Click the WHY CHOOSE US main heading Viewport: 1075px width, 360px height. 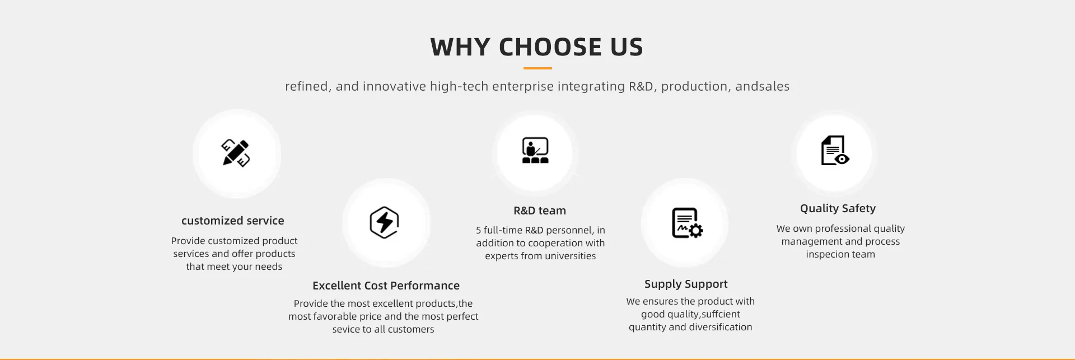point(537,47)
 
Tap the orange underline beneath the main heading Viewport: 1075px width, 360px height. point(537,68)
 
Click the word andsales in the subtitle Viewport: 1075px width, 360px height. point(762,86)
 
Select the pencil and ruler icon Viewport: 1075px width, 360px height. point(236,153)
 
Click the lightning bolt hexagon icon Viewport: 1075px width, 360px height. point(384,223)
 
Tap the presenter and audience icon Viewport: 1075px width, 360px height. point(535,150)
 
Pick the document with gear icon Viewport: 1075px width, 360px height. point(687,223)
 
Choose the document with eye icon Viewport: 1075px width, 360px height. point(835,151)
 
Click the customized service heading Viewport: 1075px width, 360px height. point(233,221)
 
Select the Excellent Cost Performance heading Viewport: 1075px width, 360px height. point(386,286)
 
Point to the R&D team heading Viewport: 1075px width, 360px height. point(540,211)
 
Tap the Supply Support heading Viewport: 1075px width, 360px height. point(686,284)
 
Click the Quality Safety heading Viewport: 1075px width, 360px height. point(838,208)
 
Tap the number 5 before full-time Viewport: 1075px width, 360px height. point(479,230)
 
